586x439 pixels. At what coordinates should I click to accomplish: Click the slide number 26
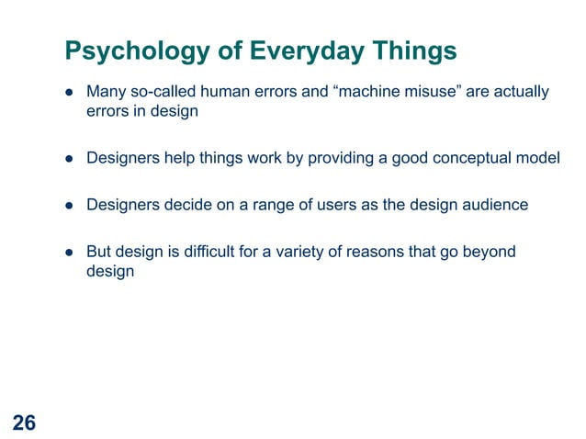[x=25, y=422]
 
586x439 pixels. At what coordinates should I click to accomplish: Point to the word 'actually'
[x=520, y=92]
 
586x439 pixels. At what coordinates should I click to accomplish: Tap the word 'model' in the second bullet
[x=536, y=157]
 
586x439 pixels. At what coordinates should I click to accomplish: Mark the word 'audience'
[x=496, y=204]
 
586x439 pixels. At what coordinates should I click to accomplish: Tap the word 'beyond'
[x=489, y=251]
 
